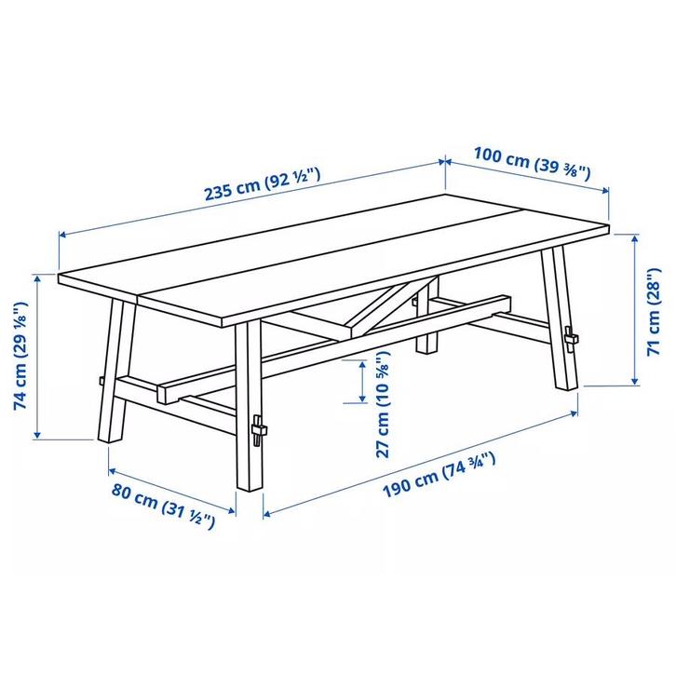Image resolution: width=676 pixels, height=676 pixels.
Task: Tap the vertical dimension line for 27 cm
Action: pos(358,382)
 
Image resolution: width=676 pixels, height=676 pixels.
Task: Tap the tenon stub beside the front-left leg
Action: pos(97,380)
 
